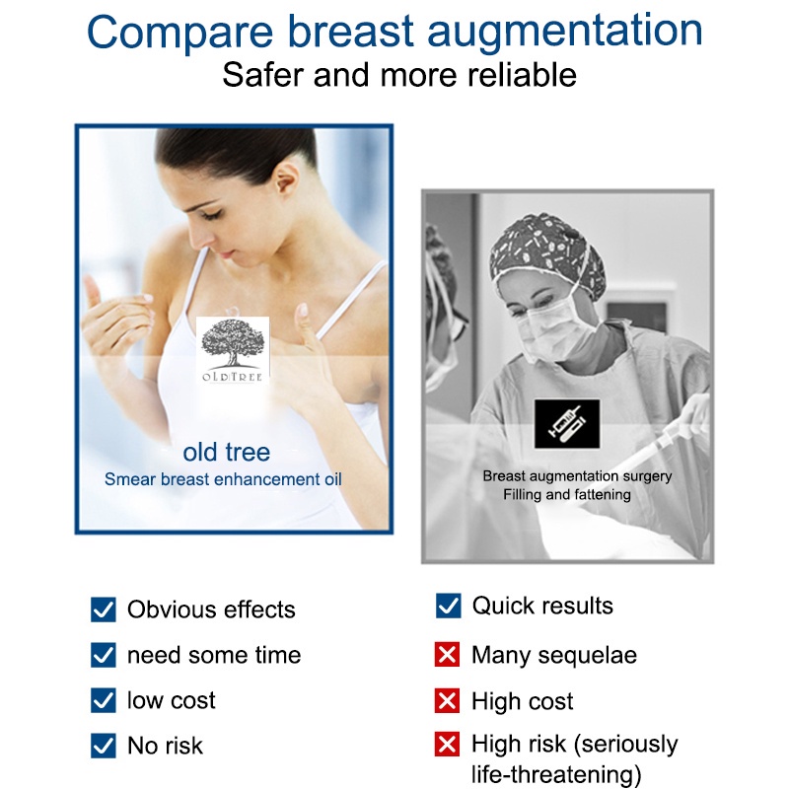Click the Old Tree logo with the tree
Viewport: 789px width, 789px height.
(233, 350)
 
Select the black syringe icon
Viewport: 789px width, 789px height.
(567, 424)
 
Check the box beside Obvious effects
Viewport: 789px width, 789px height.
(104, 610)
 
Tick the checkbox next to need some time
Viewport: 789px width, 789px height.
(104, 655)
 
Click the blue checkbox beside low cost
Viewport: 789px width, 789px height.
(104, 700)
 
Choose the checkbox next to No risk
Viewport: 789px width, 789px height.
(104, 746)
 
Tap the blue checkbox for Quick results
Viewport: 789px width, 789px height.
(449, 606)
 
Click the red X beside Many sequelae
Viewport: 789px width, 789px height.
(448, 655)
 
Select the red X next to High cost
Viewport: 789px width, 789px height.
(448, 700)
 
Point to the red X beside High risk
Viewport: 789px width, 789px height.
(448, 744)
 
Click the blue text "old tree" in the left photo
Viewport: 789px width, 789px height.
(227, 452)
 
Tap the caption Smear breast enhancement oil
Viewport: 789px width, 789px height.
(223, 479)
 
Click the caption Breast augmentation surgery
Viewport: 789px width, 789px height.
(577, 476)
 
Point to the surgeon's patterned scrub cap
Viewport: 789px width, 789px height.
(548, 251)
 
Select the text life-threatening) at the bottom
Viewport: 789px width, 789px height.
(556, 775)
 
